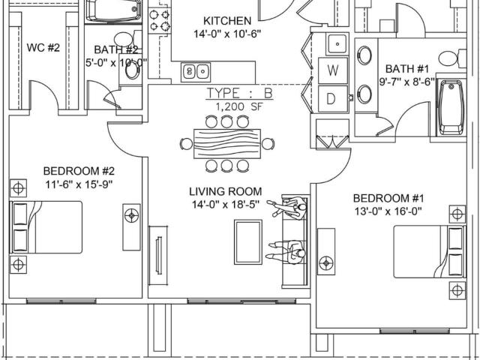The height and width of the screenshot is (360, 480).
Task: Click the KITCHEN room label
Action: tap(227, 21)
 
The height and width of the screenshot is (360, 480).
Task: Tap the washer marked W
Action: tap(333, 70)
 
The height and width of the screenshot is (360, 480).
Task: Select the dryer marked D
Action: tap(333, 99)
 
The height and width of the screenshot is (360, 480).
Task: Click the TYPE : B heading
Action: tap(239, 93)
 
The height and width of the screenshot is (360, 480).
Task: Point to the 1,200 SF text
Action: tap(239, 106)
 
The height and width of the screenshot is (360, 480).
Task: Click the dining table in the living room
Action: tap(227, 143)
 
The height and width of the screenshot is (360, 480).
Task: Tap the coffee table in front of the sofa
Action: tap(248, 241)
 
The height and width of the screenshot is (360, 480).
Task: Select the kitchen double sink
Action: tap(196, 72)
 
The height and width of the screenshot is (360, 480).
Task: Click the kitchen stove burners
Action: tap(159, 20)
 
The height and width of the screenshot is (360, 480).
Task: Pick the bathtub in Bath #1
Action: tap(451, 108)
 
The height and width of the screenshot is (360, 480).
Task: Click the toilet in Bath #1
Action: tap(452, 58)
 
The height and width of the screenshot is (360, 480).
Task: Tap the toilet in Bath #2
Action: tap(127, 39)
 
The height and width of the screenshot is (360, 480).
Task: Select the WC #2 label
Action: tap(43, 48)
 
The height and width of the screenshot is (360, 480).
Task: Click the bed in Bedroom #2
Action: tap(46, 227)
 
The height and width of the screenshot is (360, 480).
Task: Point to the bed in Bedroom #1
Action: tap(429, 252)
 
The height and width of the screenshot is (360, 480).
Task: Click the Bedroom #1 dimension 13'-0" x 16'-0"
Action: tap(388, 211)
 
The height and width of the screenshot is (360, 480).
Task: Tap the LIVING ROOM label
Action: tap(226, 192)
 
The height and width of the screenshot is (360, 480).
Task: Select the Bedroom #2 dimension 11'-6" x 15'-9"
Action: tap(79, 184)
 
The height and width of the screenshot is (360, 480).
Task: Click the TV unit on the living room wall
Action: tap(158, 255)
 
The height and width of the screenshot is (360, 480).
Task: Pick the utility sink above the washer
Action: tap(337, 44)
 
